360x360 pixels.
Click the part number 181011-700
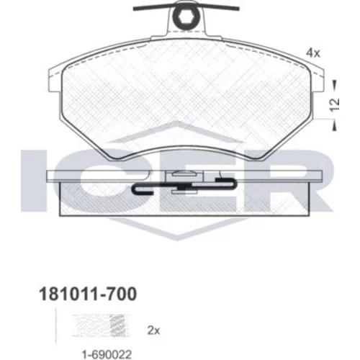[x=88, y=294]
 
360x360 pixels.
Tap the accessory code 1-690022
[x=107, y=354]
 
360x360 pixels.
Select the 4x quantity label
[x=313, y=53]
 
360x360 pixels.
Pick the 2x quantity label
[x=153, y=330]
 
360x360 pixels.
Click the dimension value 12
[x=335, y=104]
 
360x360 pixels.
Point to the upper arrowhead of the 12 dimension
[x=334, y=84]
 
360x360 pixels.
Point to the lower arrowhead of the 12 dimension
[x=334, y=127]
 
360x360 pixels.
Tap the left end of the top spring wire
[x=135, y=9]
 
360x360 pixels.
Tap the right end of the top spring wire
[x=238, y=9]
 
